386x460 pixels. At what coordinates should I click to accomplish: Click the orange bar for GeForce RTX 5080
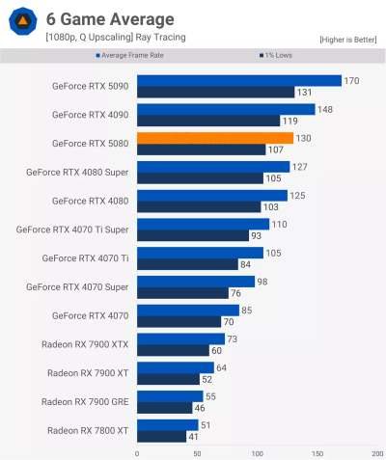215,138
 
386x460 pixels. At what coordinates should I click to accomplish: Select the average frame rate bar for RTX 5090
239,81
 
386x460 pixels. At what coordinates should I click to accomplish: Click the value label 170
351,81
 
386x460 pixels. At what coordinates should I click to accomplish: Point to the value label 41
194,436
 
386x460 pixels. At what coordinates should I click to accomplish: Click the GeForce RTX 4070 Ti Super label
73,230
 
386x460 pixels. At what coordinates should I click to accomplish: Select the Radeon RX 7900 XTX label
85,344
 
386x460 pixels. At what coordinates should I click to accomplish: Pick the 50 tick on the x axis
197,453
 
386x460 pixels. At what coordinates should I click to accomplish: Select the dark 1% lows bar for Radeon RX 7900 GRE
164,408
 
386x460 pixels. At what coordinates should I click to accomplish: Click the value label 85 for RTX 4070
247,310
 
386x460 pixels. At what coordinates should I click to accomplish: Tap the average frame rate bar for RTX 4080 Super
213,167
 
